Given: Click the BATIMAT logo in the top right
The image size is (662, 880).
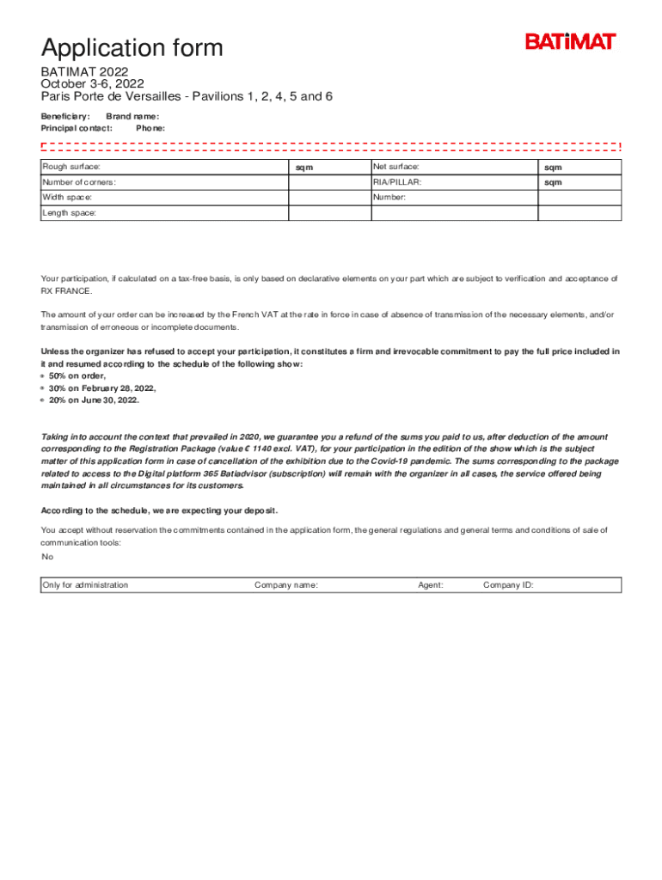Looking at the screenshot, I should click(570, 41).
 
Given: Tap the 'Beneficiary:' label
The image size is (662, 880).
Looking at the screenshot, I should click(65, 116).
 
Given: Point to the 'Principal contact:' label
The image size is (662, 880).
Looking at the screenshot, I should click(77, 128).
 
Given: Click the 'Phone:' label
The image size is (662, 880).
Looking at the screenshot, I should click(150, 128).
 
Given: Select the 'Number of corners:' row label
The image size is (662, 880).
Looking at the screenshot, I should click(79, 182).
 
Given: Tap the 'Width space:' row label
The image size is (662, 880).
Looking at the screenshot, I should click(68, 198).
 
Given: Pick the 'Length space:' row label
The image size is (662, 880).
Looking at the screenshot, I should click(70, 212).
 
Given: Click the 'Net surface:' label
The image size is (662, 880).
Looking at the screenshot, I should click(395, 167).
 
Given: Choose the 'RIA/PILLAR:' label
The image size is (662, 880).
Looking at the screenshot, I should click(397, 182).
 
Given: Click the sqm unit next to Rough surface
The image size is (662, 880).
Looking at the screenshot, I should click(304, 168).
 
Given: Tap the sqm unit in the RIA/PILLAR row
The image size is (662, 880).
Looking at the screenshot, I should click(552, 183).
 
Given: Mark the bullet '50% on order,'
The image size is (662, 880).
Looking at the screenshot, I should click(77, 376).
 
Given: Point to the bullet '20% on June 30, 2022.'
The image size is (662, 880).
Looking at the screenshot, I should click(94, 400).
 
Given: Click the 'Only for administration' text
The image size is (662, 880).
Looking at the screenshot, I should click(86, 585).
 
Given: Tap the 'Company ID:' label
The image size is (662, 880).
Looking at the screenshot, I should click(508, 585).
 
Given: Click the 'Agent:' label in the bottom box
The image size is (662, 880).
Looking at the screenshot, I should click(431, 585).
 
